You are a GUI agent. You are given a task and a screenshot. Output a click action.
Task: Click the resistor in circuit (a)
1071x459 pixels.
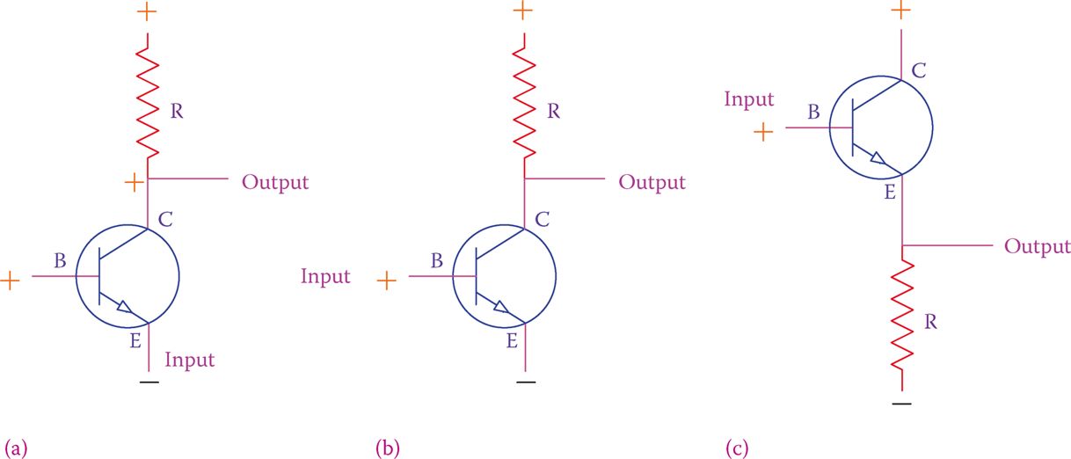147,101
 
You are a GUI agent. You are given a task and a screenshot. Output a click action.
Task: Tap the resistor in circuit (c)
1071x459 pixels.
902,321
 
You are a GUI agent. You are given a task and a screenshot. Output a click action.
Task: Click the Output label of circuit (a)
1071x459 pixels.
275,183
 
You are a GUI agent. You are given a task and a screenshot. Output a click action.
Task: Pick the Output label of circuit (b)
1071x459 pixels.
652,183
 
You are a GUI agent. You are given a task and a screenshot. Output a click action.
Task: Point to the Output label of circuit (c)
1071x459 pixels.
1038,246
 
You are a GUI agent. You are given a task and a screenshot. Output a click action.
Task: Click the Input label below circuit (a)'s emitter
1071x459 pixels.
190,360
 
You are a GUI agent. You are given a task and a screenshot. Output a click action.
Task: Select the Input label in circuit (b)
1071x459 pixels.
325,277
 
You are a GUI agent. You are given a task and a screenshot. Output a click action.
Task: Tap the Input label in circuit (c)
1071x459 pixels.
749,99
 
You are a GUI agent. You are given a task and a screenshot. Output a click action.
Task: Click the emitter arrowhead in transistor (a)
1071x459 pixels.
125,308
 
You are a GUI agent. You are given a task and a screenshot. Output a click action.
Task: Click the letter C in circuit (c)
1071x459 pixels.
918,69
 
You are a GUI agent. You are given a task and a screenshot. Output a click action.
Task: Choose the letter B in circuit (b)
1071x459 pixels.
437,260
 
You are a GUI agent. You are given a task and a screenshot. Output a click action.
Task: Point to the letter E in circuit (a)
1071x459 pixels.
135,342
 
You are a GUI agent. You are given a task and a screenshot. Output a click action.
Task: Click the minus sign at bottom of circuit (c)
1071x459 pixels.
902,404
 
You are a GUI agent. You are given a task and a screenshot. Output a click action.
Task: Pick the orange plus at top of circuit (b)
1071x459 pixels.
523,11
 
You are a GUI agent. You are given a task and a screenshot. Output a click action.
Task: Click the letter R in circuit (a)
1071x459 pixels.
177,112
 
